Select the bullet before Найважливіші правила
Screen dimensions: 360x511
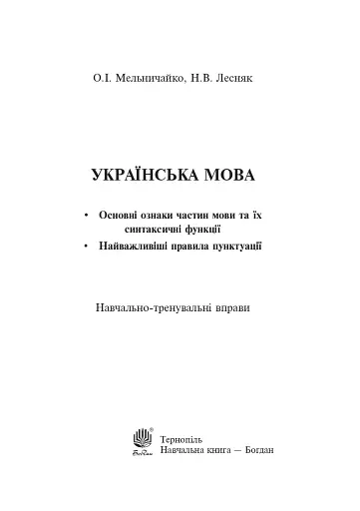88,245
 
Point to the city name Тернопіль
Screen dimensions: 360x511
184,438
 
